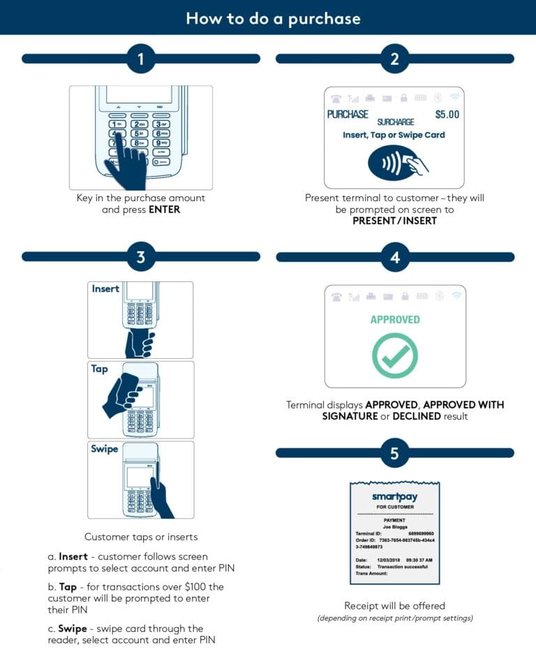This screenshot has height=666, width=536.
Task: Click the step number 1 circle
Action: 140,59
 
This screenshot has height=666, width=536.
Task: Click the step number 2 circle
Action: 395,59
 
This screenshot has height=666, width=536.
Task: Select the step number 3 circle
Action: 140,257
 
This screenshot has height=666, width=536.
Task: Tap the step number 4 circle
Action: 395,257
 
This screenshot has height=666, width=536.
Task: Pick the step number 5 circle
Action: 395,454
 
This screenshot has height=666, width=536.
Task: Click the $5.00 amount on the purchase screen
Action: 447,114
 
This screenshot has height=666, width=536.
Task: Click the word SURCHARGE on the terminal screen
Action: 396,122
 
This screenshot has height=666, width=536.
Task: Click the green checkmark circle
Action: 395,355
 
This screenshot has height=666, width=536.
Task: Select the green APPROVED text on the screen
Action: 395,320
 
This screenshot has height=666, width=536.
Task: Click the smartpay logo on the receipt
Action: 395,496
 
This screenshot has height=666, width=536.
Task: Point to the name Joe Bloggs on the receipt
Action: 395,527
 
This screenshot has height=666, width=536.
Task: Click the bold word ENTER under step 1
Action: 164,209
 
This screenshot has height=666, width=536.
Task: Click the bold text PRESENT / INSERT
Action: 395,221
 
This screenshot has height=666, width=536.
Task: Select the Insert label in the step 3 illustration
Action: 105,289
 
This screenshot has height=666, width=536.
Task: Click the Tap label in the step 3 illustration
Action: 100,369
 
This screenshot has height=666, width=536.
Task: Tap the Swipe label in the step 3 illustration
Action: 104,449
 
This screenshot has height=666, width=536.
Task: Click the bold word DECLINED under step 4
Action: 416,416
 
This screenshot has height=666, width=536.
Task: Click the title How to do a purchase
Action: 268,18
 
